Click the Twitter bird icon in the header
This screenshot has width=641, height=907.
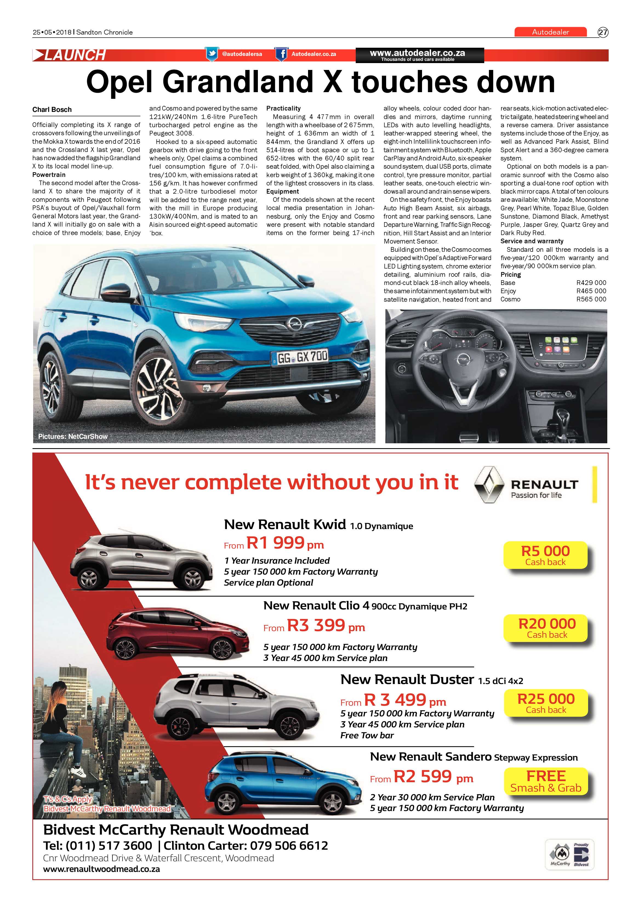tap(212, 54)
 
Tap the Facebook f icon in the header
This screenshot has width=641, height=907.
tap(281, 54)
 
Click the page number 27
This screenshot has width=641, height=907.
tap(603, 32)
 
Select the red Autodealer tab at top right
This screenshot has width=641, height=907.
tap(550, 32)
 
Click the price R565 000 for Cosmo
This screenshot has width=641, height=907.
tap(591, 299)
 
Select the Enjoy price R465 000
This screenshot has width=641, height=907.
tap(591, 291)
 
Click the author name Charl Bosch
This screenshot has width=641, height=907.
tap(52, 109)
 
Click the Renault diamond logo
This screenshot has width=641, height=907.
tap(489, 484)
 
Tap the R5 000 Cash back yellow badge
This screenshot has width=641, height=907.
tap(545, 555)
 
